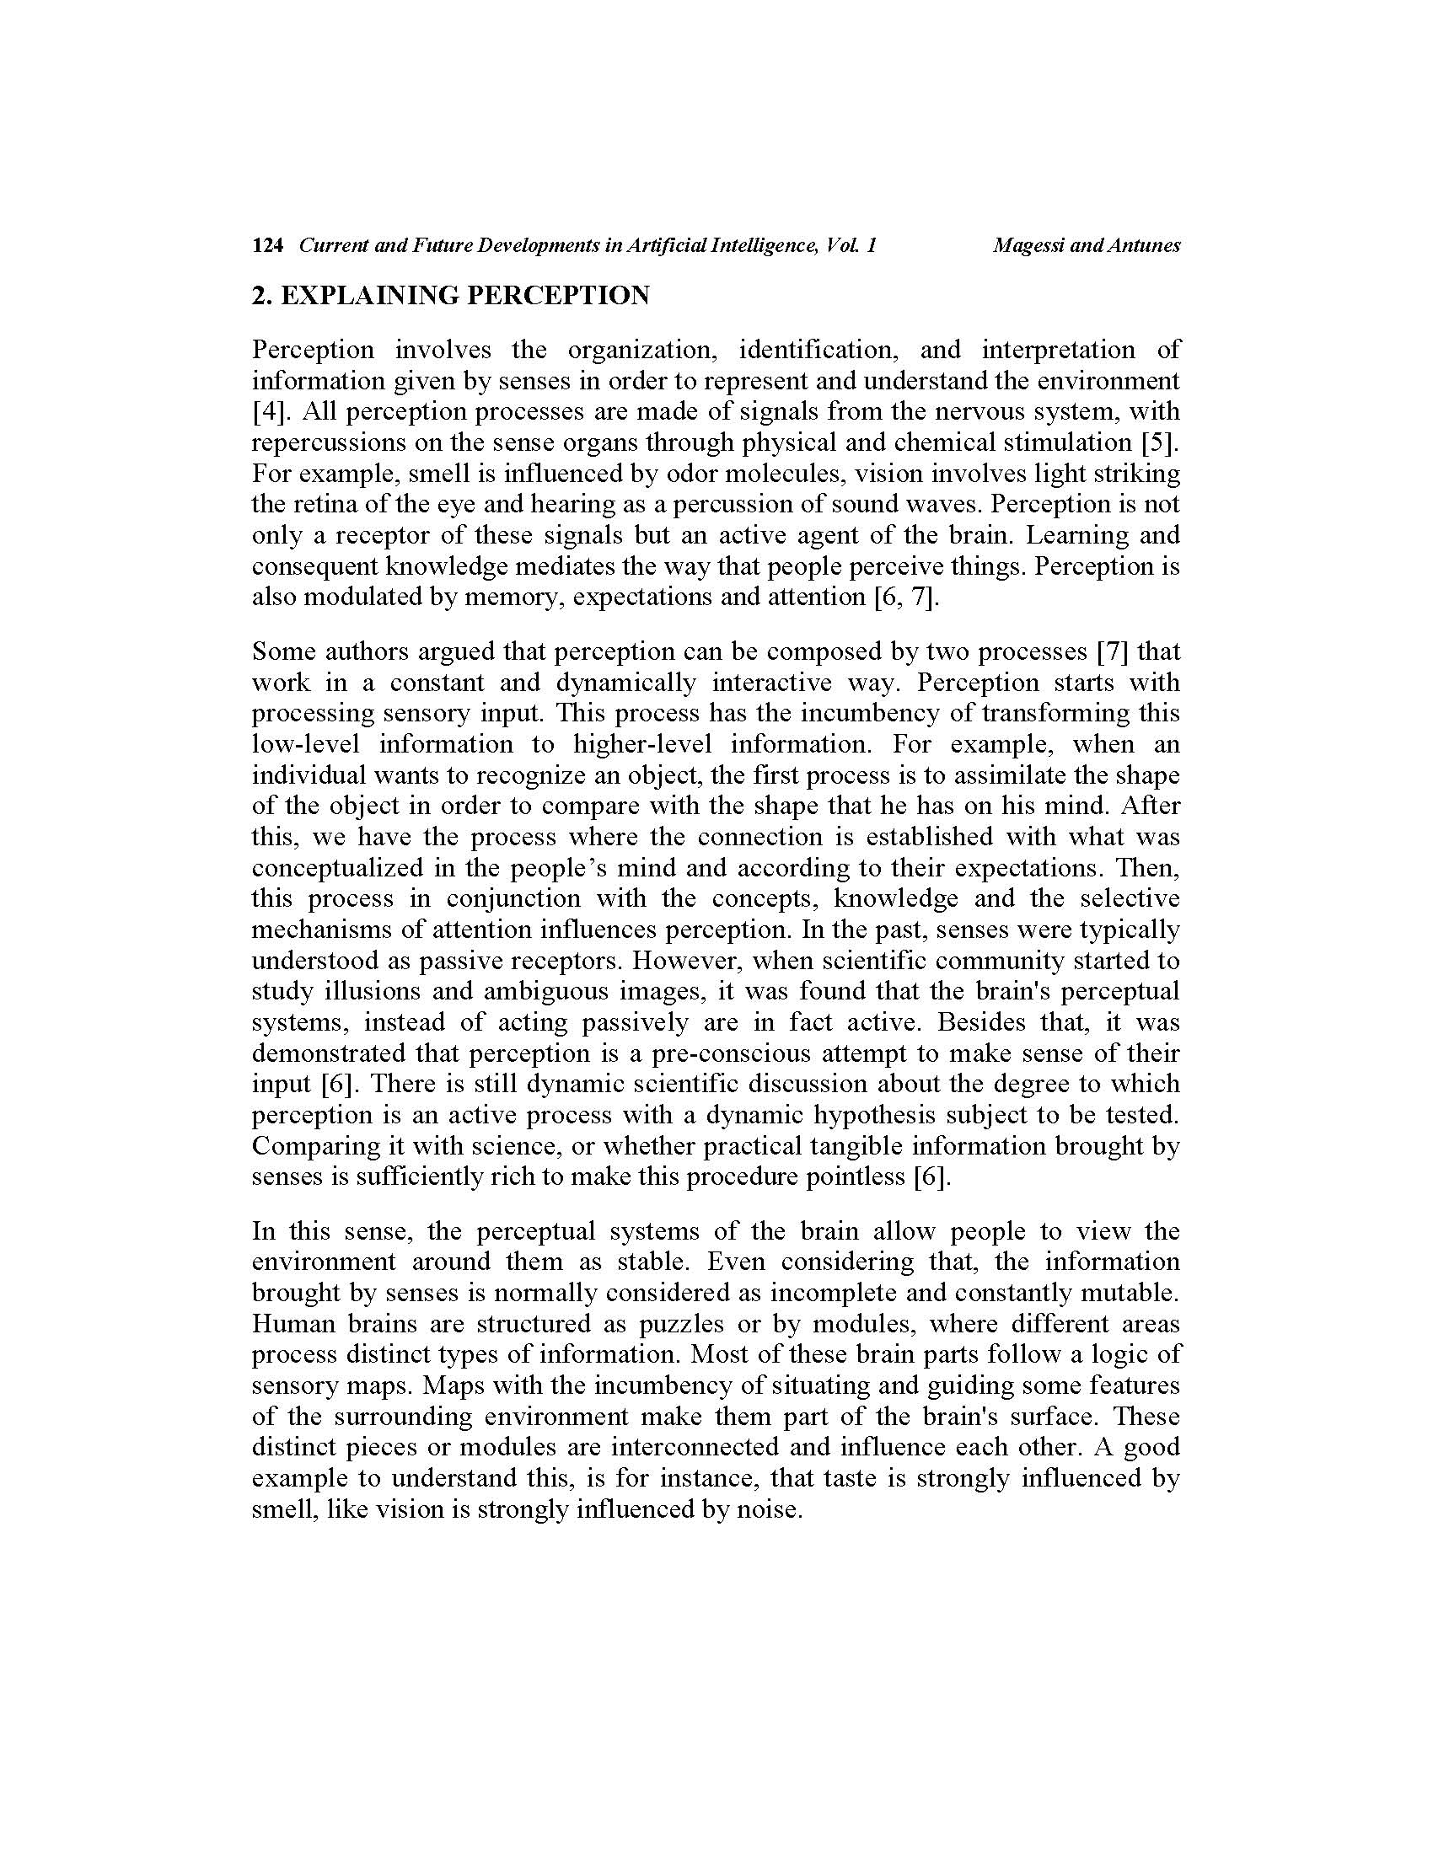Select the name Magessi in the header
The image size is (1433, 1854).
(x=1029, y=246)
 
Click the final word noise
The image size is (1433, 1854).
(x=769, y=1509)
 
